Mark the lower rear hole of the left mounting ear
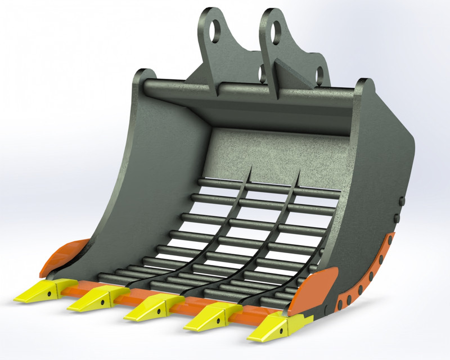click(262, 72)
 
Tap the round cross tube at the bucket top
click(247, 90)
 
